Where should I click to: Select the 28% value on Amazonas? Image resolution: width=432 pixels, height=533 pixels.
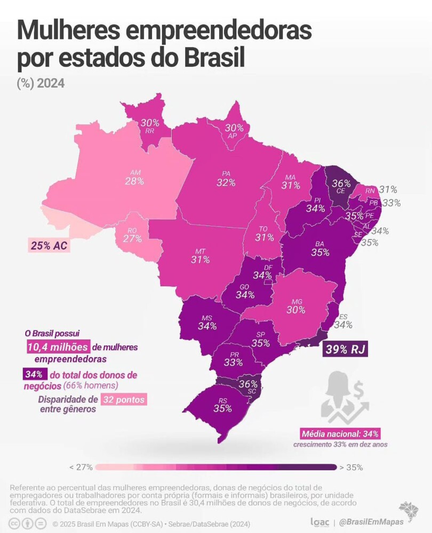[x=134, y=181]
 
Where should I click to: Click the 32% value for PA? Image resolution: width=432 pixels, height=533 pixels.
[x=226, y=183]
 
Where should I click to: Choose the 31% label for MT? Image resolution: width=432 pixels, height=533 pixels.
[x=201, y=260]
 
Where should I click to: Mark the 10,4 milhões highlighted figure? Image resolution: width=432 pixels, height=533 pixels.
[x=58, y=347]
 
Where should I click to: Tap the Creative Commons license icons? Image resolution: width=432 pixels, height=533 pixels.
[x=28, y=523]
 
